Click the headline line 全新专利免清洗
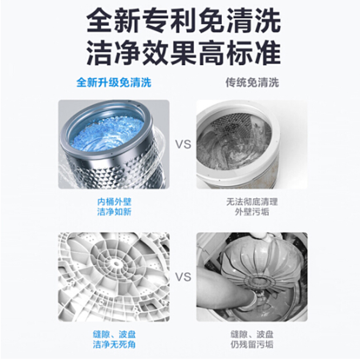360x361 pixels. point(184,21)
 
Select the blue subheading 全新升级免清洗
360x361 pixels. point(114,83)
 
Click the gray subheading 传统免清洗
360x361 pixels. point(252,83)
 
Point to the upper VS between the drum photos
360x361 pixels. point(183,144)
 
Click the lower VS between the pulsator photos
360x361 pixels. point(183,277)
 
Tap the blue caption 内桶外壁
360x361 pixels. point(114,202)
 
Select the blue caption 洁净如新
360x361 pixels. point(114,212)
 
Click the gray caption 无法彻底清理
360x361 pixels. point(252,202)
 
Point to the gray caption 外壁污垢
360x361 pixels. point(252,212)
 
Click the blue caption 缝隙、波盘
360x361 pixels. point(114,334)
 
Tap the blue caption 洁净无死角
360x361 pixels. point(114,344)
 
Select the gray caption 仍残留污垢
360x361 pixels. point(252,344)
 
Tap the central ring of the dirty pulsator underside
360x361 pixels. point(260,281)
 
